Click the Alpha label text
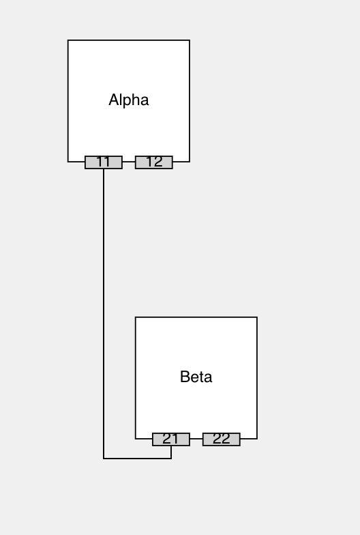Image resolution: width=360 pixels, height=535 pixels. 128,100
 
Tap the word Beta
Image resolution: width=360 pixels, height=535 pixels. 196,377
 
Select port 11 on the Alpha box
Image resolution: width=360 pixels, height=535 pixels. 104,162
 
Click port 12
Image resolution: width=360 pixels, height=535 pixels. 154,162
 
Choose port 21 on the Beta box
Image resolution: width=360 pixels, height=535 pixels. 171,439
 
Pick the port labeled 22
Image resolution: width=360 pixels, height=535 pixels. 222,439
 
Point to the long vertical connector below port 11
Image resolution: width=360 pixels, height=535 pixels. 104,314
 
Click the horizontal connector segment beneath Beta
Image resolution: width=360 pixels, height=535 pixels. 138,459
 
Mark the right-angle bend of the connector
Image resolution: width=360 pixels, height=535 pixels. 104,459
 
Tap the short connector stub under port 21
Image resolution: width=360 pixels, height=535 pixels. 171,452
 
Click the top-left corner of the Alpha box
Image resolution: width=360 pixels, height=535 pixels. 68,40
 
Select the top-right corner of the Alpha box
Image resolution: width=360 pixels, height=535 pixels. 190,40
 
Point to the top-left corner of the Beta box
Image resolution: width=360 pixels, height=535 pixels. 136,317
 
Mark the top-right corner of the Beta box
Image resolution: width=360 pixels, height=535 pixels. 257,317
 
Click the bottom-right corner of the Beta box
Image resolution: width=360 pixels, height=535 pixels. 257,439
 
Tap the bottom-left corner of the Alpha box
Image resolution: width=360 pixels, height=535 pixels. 68,162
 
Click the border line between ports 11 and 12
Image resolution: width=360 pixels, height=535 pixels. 129,162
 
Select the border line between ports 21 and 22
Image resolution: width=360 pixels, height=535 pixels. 196,439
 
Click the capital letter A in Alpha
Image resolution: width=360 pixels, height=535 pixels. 113,100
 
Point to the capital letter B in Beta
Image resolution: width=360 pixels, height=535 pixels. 184,377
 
